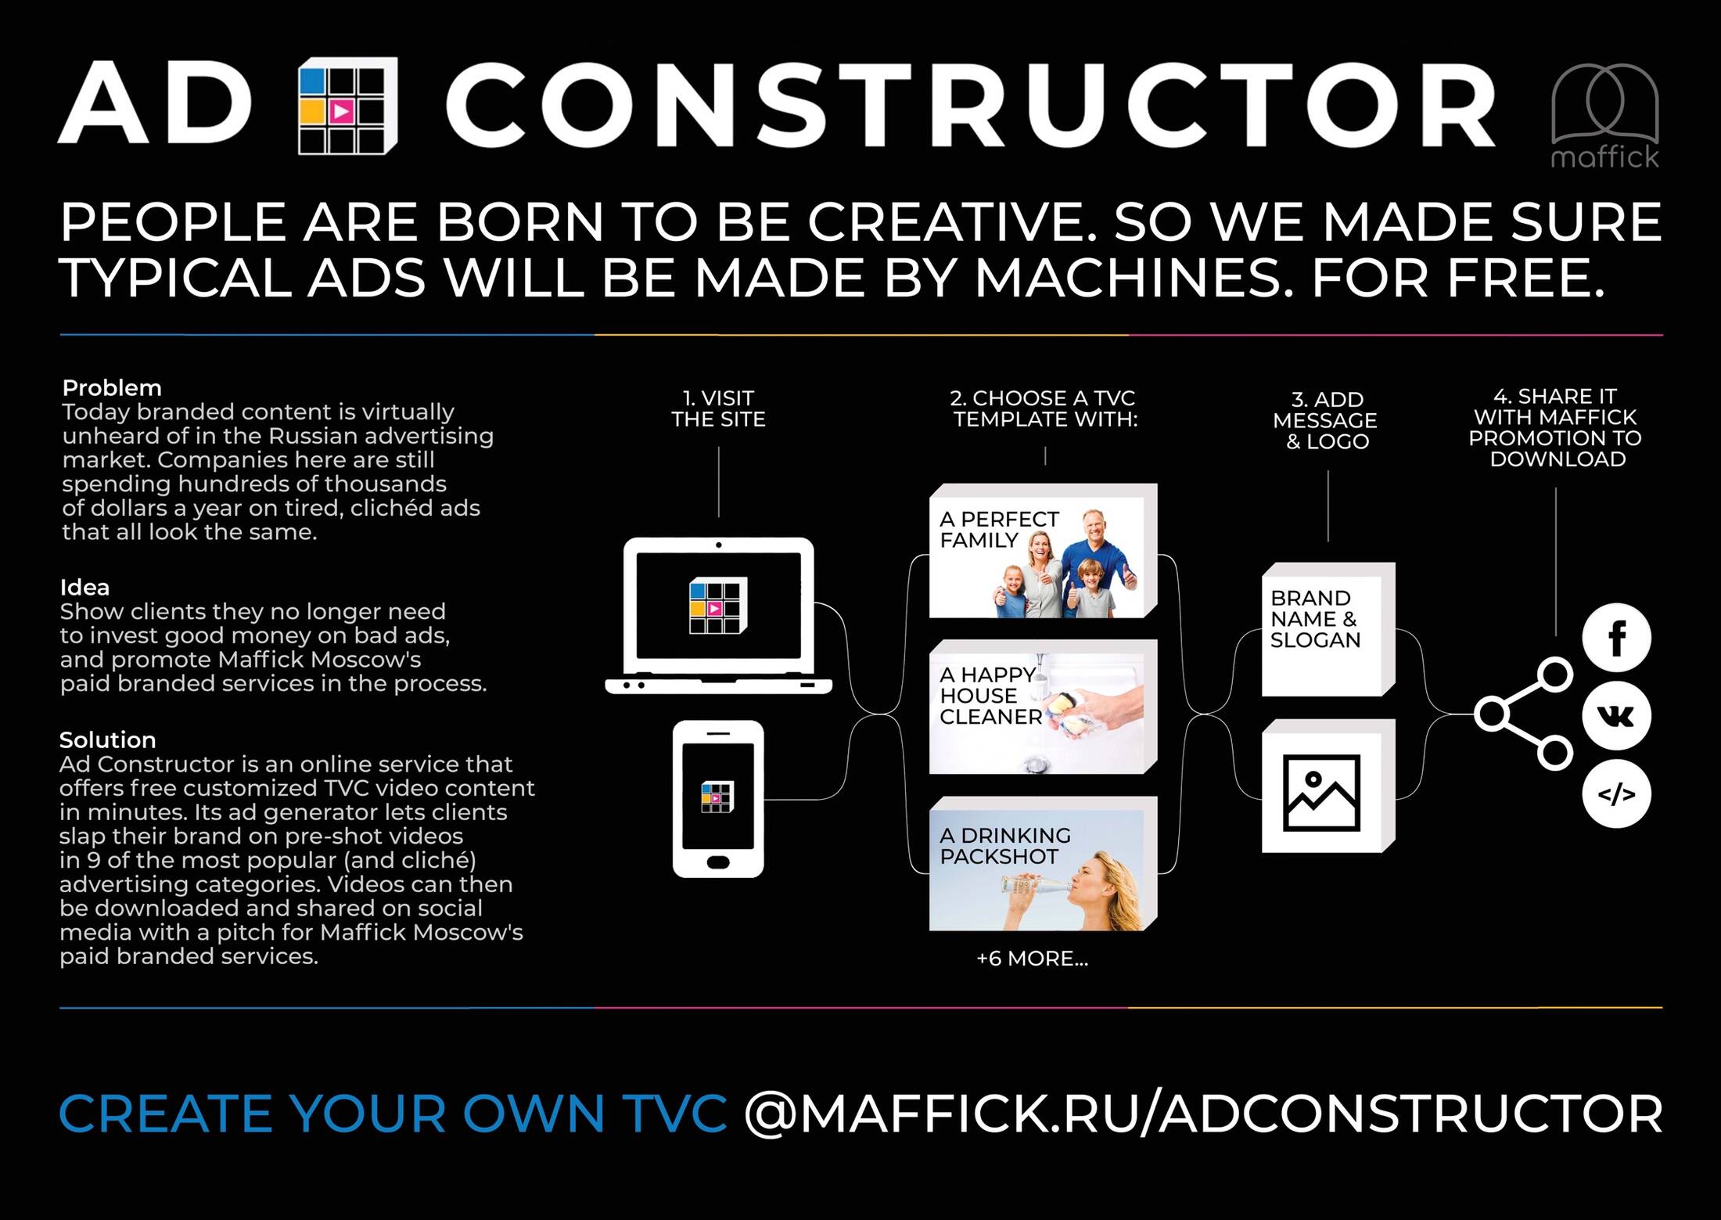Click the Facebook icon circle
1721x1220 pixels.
pyautogui.click(x=1616, y=638)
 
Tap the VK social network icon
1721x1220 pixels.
pyautogui.click(x=1616, y=715)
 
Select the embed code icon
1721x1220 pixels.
pyautogui.click(x=1616, y=794)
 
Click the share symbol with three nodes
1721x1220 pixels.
pyautogui.click(x=1523, y=714)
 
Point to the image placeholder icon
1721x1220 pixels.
pyautogui.click(x=1321, y=792)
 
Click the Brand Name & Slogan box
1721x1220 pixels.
pyautogui.click(x=1328, y=629)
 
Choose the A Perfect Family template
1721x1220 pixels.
pyautogui.click(x=1043, y=551)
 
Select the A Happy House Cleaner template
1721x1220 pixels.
pyautogui.click(x=1043, y=707)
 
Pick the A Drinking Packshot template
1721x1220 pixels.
pyautogui.click(x=1043, y=864)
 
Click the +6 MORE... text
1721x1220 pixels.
pyautogui.click(x=1032, y=959)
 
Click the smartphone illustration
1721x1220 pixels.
pyautogui.click(x=718, y=799)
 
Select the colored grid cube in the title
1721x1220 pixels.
pyautogui.click(x=348, y=106)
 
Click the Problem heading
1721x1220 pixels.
pyautogui.click(x=112, y=387)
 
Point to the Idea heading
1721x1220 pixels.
pyautogui.click(x=84, y=587)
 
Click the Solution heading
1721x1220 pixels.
pyautogui.click(x=108, y=740)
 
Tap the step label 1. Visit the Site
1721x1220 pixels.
pyautogui.click(x=718, y=408)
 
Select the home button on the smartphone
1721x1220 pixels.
pyautogui.click(x=718, y=862)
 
